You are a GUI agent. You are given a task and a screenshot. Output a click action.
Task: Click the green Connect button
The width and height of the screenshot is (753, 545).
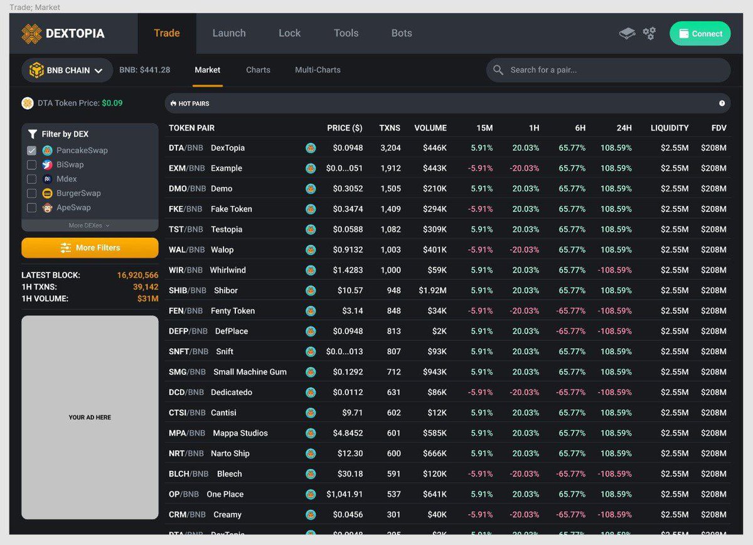pyautogui.click(x=700, y=34)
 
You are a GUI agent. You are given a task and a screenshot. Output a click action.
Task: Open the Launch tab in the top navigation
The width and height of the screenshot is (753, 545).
pyautogui.click(x=229, y=33)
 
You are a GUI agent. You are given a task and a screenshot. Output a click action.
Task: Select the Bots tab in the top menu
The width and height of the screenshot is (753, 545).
pyautogui.click(x=402, y=33)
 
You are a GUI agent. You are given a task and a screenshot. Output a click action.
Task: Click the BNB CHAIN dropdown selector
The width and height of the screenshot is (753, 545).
pyautogui.click(x=67, y=70)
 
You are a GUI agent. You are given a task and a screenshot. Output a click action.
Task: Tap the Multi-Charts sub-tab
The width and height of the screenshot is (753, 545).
pyautogui.click(x=318, y=70)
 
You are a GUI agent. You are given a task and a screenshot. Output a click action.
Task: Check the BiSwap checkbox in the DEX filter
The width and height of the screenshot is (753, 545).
pyautogui.click(x=31, y=165)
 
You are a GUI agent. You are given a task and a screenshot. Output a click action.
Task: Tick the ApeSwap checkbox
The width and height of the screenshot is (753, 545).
pyautogui.click(x=31, y=208)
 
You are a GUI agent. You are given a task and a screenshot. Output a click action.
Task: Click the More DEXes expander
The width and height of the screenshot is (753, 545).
pyautogui.click(x=89, y=225)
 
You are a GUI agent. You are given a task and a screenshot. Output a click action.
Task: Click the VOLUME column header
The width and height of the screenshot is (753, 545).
pyautogui.click(x=430, y=128)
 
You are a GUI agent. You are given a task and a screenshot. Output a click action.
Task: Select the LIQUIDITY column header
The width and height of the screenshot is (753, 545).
pyautogui.click(x=670, y=128)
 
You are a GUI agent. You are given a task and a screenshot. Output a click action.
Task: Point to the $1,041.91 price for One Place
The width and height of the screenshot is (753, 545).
pyautogui.click(x=344, y=494)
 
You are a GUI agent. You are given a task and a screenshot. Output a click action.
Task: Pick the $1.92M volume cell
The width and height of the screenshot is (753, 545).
pyautogui.click(x=432, y=291)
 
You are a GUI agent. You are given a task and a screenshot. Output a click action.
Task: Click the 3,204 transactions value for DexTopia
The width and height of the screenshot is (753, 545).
pyautogui.click(x=390, y=148)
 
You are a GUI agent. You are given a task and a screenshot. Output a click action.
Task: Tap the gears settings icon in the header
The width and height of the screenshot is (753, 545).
pyautogui.click(x=649, y=33)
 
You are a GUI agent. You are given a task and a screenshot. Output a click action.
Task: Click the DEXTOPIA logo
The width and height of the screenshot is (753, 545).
pyautogui.click(x=63, y=34)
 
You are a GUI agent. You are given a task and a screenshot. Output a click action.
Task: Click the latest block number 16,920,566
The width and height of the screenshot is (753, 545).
pyautogui.click(x=137, y=275)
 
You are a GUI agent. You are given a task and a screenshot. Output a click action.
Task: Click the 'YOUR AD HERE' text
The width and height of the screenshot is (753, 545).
pyautogui.click(x=90, y=418)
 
